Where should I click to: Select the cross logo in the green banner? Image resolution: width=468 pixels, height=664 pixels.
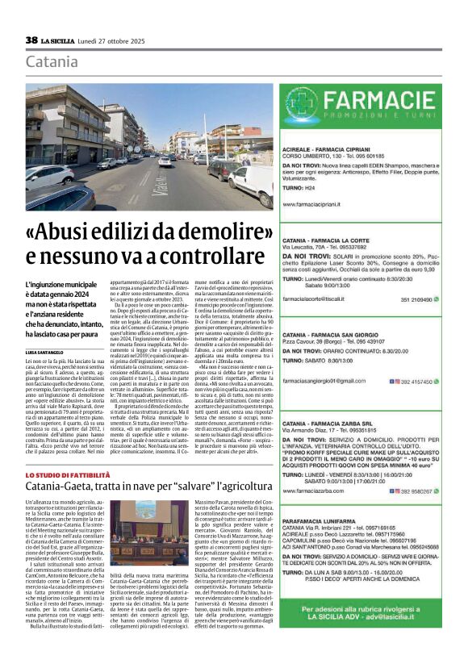(x=304, y=105)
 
